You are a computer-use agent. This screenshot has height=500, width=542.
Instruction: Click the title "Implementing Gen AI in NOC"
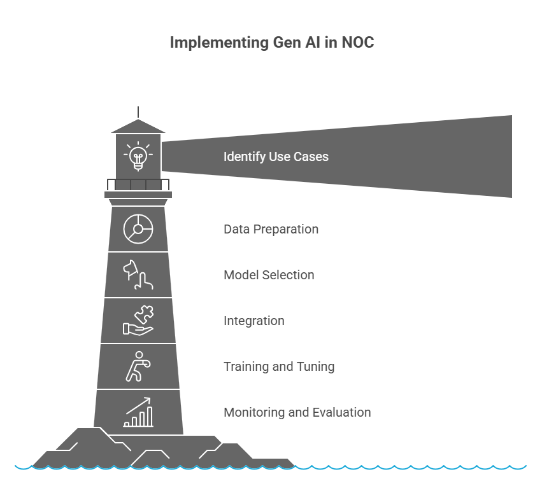click(x=271, y=43)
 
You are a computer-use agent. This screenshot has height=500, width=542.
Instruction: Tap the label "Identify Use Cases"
click(x=276, y=156)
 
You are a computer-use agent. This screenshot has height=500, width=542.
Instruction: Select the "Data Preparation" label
click(x=271, y=229)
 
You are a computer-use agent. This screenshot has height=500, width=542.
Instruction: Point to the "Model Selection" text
click(x=269, y=275)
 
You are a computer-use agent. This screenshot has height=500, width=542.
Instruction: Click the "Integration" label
click(x=253, y=321)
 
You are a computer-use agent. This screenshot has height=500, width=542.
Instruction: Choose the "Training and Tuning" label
click(x=278, y=366)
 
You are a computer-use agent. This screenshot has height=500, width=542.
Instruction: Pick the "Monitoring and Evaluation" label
click(x=297, y=412)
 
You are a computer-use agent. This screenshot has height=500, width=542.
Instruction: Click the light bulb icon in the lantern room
click(x=138, y=156)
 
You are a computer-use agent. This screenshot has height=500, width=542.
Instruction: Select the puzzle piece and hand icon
click(x=138, y=321)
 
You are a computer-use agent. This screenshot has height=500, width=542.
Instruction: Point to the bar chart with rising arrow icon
click(x=138, y=412)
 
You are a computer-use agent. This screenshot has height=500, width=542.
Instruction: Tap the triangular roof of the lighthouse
click(x=138, y=127)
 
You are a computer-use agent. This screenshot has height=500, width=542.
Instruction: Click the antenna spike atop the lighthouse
click(x=138, y=112)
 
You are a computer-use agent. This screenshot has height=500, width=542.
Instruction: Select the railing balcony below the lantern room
click(x=138, y=184)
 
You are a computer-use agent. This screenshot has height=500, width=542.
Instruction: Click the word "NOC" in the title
click(x=357, y=43)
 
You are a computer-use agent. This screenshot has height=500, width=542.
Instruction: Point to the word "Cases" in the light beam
click(x=311, y=156)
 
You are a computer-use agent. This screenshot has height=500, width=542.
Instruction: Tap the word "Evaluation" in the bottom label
click(x=341, y=412)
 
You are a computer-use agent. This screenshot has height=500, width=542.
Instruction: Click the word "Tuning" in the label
click(x=316, y=366)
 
